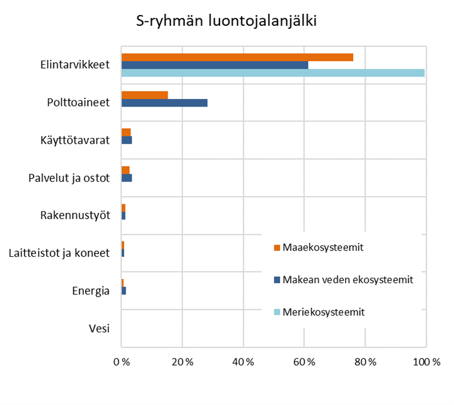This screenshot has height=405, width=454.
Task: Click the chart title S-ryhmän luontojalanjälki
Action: click(226, 22)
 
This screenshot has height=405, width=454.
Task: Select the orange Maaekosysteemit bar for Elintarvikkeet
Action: click(237, 57)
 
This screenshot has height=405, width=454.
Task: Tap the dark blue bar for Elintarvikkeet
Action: click(214, 65)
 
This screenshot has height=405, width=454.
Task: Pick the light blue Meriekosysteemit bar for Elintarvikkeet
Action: click(272, 73)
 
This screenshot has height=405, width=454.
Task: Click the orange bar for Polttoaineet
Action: click(144, 95)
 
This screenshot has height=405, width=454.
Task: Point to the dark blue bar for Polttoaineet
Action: click(164, 103)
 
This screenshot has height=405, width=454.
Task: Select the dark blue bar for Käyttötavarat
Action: click(127, 140)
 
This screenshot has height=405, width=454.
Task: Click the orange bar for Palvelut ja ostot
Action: click(125, 170)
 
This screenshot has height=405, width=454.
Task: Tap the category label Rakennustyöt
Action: click(75, 215)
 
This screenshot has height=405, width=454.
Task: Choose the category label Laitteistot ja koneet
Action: click(59, 253)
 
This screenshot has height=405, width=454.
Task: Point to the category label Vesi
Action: click(99, 328)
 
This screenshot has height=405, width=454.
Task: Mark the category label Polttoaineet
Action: click(79, 102)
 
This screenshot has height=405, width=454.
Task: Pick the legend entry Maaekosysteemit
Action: click(322, 247)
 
